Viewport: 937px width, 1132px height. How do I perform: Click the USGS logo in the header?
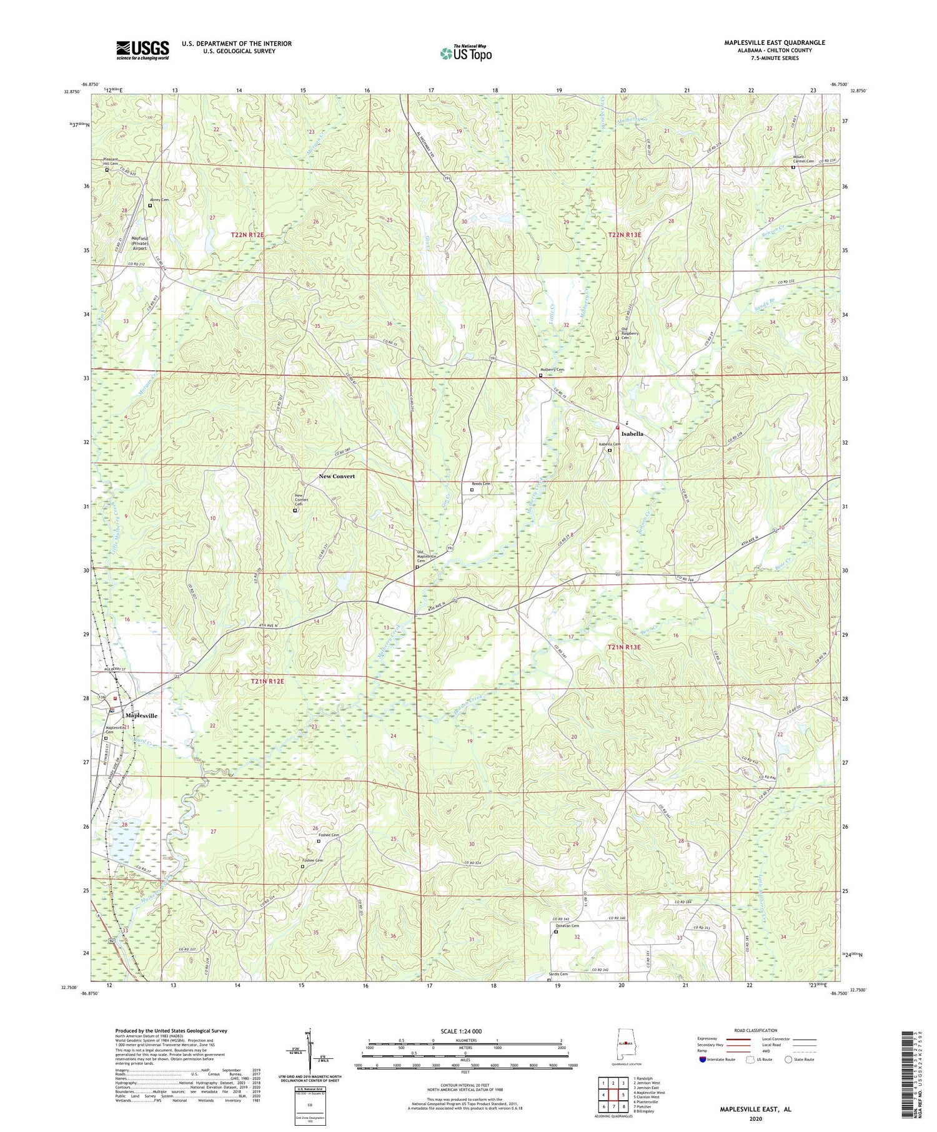[x=142, y=50]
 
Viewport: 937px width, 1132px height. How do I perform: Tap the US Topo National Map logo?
[x=465, y=53]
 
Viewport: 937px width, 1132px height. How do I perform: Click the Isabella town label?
[x=632, y=433]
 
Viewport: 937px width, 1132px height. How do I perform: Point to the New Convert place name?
[x=336, y=476]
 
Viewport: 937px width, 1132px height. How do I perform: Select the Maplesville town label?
[x=141, y=716]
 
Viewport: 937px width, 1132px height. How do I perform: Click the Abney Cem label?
[x=159, y=200]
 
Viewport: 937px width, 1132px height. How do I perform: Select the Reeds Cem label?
[x=480, y=484]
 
